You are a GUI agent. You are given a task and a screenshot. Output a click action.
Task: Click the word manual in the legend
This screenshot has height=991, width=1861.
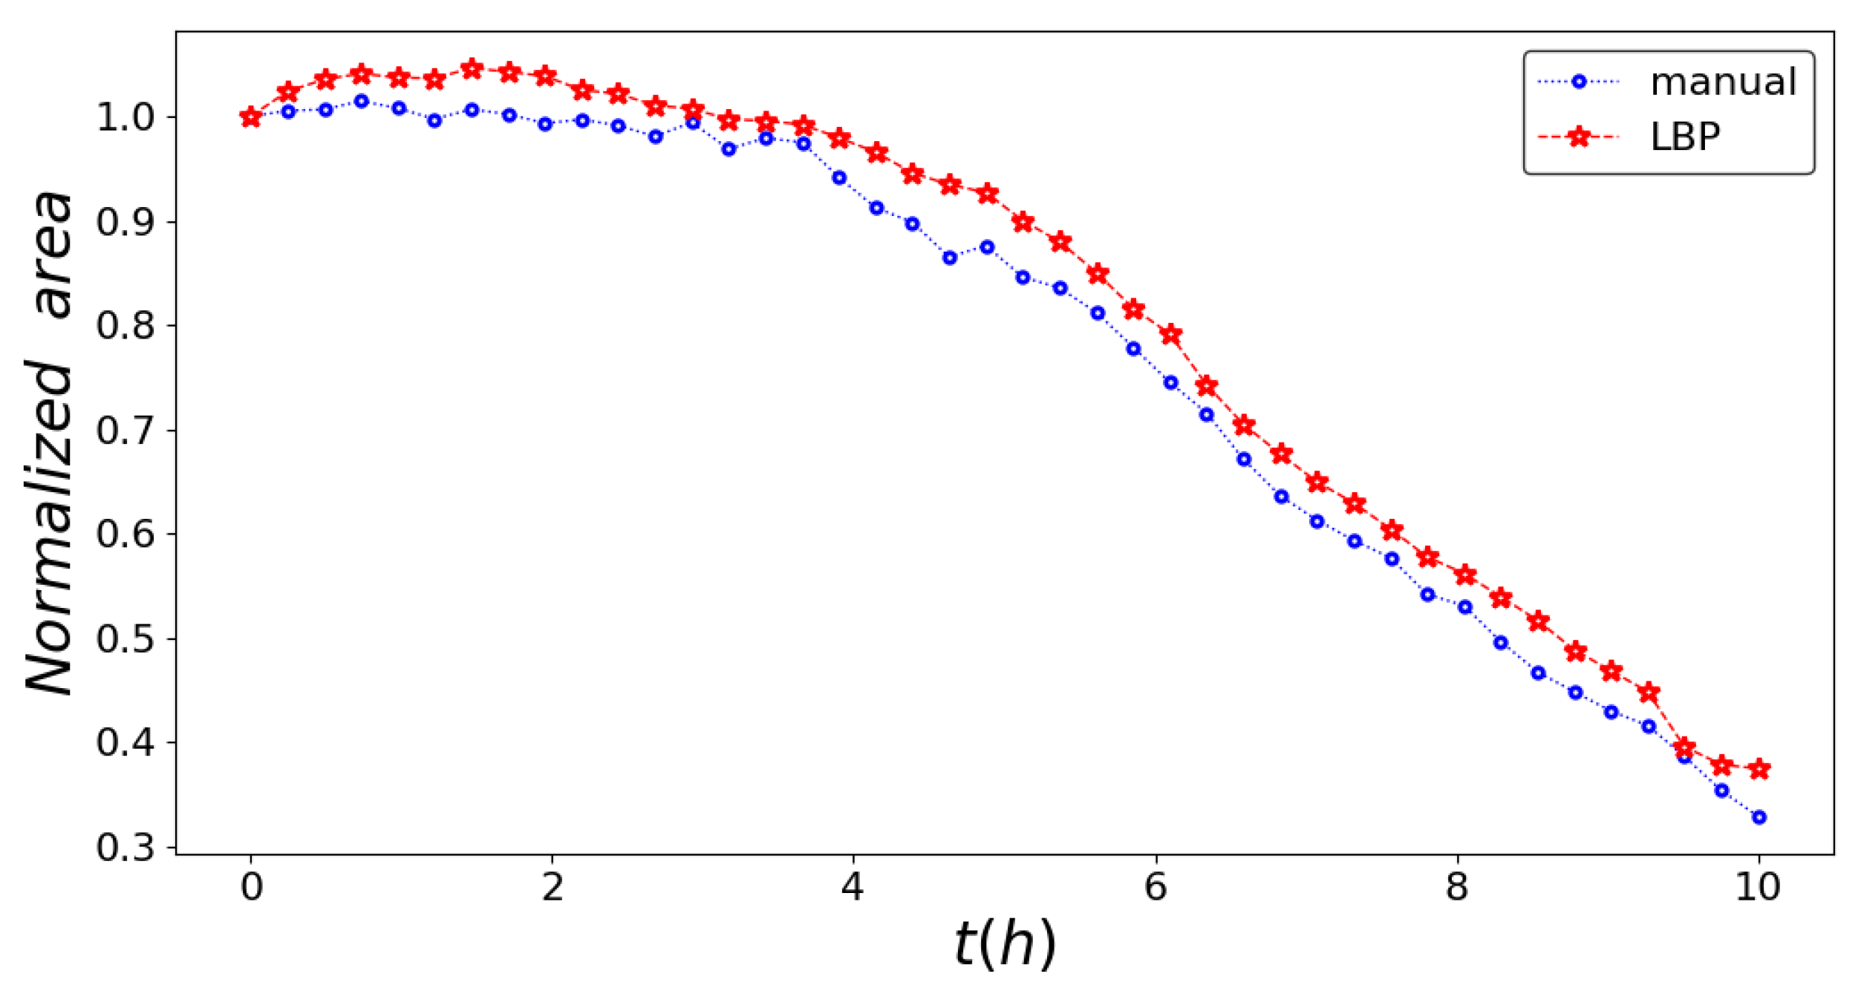(1722, 82)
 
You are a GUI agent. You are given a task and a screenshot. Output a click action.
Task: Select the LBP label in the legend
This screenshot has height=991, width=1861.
(1684, 137)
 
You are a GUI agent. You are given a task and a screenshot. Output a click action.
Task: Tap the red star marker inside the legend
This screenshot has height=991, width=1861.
(1579, 137)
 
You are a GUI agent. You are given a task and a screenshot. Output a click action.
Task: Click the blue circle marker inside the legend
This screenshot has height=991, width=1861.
(1579, 82)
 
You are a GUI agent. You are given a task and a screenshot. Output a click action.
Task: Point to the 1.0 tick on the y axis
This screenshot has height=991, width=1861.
(125, 117)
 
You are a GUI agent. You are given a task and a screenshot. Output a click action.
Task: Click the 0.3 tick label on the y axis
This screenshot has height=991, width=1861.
(125, 847)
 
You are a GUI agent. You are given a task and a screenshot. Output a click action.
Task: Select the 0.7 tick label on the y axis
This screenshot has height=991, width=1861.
(125, 431)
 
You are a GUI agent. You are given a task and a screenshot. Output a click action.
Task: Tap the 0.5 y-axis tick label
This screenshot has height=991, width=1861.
(125, 638)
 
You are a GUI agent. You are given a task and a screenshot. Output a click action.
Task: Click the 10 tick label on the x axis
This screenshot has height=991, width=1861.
(1757, 887)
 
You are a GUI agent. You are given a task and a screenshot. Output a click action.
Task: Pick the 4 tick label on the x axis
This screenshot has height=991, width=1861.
(853, 887)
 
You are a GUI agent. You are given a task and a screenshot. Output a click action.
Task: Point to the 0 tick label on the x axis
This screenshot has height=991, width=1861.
(251, 887)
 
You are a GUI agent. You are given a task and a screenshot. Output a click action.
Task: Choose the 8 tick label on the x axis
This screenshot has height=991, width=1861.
(1456, 887)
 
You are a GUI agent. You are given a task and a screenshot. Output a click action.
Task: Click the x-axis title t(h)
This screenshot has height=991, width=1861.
(1004, 944)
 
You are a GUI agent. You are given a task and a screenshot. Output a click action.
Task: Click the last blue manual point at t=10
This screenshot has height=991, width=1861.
(1759, 817)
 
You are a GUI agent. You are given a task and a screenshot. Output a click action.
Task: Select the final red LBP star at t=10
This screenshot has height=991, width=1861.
(1759, 769)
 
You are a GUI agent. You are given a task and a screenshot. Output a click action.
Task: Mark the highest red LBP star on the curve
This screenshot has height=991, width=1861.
(472, 69)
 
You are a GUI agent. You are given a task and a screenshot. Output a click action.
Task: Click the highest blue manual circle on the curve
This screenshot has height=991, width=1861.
(362, 101)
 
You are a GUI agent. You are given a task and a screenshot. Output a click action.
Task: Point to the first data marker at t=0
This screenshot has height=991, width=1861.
(251, 117)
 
